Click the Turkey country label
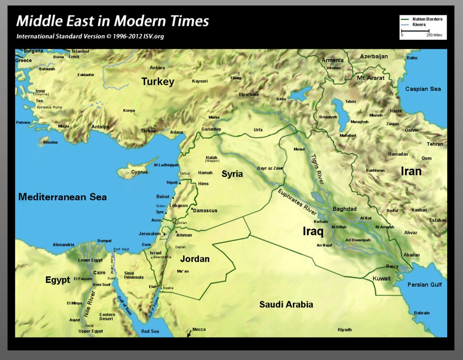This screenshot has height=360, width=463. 157,82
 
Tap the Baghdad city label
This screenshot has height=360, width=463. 345,209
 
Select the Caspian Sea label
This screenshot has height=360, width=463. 423,89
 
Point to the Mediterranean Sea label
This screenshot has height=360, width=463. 62,197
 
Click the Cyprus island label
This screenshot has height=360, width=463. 139,172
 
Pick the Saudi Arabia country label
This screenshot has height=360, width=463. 286,304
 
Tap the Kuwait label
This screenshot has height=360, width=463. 381,279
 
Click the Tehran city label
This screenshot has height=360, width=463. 435,144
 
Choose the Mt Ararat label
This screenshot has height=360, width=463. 371,78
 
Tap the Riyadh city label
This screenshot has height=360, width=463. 345,330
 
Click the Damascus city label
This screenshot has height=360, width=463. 205,211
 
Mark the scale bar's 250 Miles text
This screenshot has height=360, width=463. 434,35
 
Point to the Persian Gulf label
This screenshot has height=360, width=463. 425,284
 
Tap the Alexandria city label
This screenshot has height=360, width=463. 63,245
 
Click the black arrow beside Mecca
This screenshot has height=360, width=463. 189,334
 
